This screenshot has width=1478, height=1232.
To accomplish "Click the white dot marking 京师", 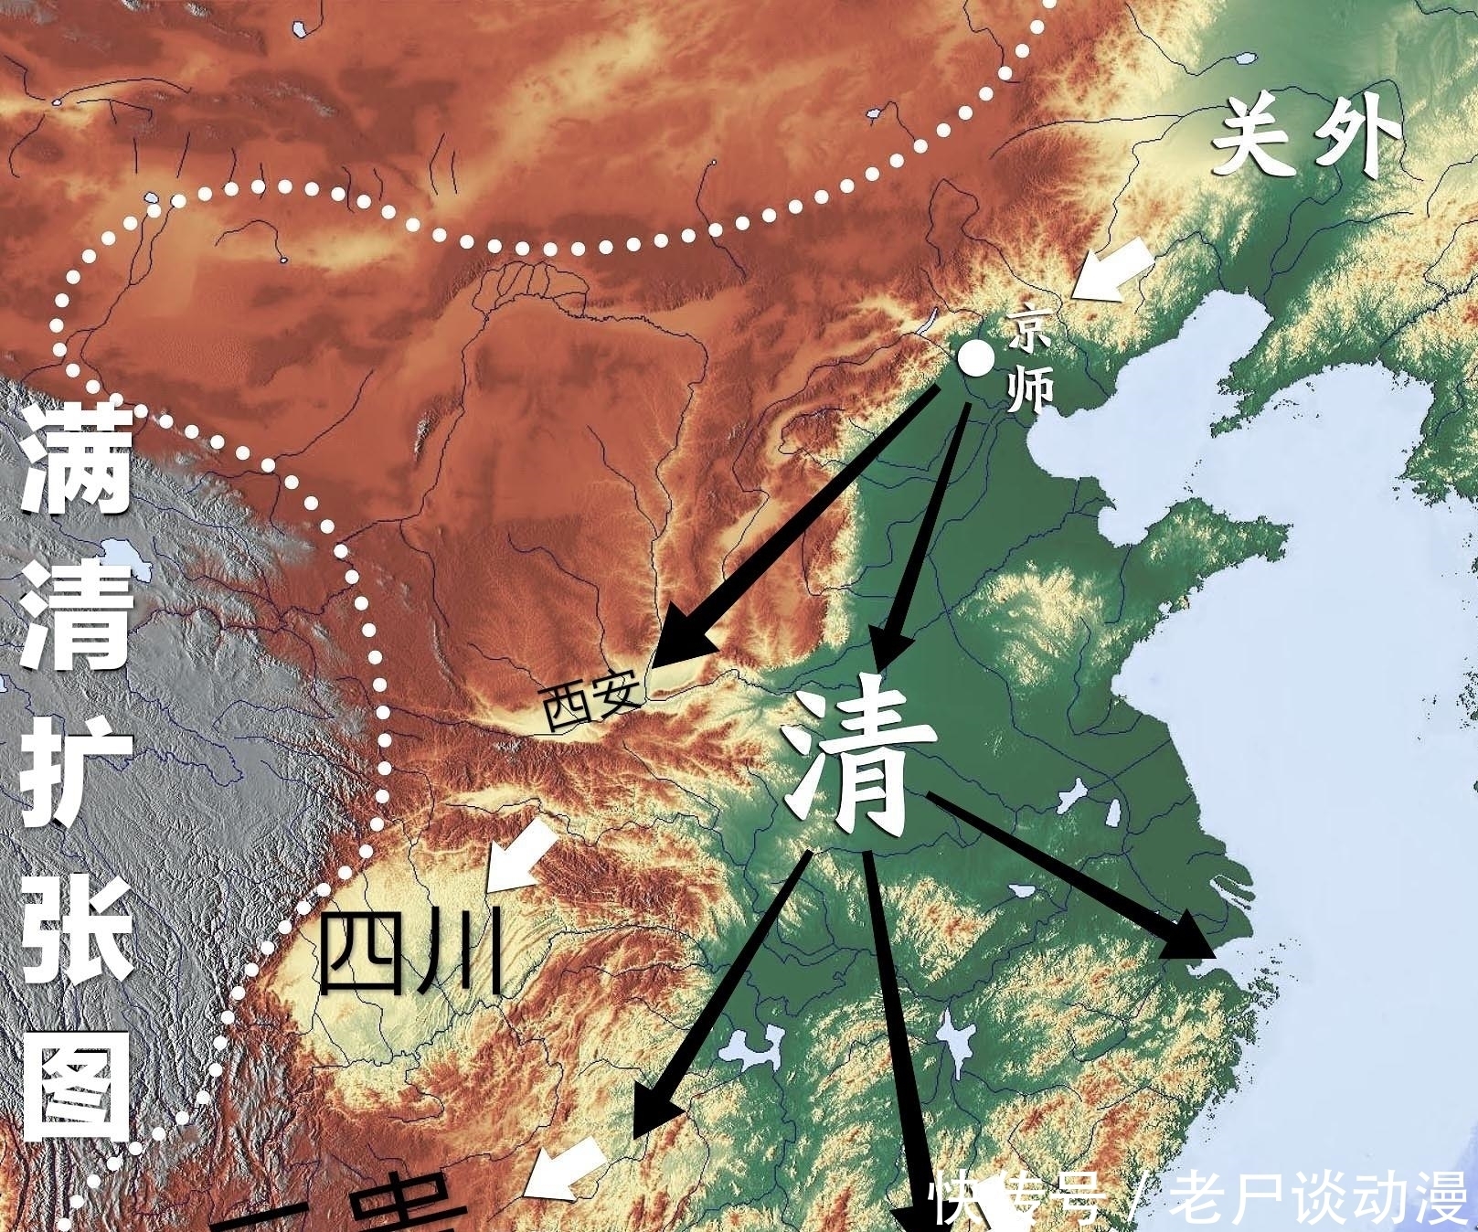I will [976, 358].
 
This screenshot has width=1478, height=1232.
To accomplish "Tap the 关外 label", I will [1308, 139].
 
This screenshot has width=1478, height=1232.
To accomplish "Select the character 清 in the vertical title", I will [76, 617].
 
